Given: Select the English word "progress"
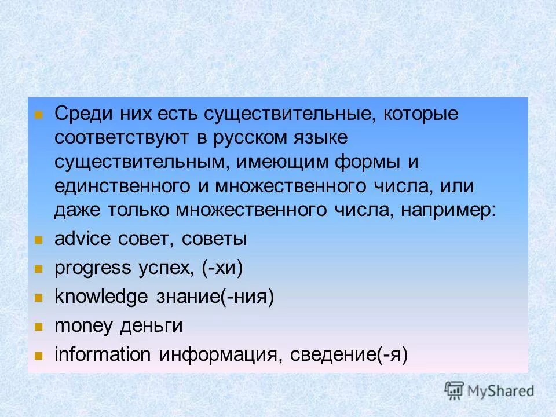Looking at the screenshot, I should pos(93,268).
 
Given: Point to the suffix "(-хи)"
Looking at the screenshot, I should pos(222,268).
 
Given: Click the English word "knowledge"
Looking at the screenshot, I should pos(101,297).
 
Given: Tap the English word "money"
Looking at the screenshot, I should pos(83,325).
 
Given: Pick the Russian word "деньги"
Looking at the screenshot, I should pos(151,325).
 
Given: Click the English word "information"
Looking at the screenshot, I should pos(102,354).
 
